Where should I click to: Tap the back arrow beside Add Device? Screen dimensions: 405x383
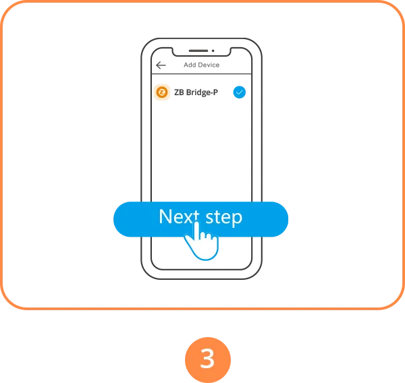(161, 65)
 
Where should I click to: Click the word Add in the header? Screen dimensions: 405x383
(190, 65)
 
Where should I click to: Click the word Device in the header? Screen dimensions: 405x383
(209, 65)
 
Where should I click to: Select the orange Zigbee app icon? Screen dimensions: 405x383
(162, 92)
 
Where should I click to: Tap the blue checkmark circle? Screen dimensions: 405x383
(240, 92)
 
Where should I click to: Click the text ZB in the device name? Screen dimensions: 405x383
(179, 92)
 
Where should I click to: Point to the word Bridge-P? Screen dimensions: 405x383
(202, 92)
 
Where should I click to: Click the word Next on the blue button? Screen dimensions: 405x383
(180, 216)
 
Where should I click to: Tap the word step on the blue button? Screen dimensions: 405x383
(223, 217)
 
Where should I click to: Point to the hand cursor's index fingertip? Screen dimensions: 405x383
(196, 223)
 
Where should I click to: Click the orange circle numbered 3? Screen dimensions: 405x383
(208, 360)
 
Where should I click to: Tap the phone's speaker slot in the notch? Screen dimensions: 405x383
(198, 51)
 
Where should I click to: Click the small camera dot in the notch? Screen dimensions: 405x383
(213, 51)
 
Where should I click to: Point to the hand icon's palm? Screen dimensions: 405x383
(205, 247)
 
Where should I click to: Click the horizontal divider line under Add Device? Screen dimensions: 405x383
(201, 73)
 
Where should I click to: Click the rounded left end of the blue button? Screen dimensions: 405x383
(123, 219)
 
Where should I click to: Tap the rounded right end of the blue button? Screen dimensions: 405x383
(279, 219)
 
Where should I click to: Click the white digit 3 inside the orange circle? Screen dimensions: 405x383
(207, 359)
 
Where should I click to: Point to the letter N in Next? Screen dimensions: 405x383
(165, 216)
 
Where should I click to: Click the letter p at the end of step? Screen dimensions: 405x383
(237, 219)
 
